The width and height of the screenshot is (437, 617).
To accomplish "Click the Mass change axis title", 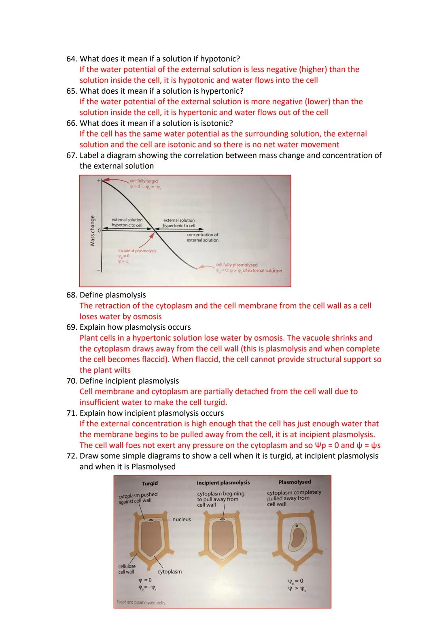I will pyautogui.click(x=93, y=230).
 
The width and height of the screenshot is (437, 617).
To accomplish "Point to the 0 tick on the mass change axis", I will pyautogui.click(x=98, y=230).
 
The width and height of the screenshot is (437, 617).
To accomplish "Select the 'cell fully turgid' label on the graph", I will pyautogui.click(x=144, y=181).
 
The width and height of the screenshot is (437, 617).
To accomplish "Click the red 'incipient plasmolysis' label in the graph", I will pyautogui.click(x=137, y=251).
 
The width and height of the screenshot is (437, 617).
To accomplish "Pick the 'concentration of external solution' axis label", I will pyautogui.click(x=202, y=238).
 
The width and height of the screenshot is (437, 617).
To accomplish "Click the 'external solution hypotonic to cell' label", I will pyautogui.click(x=127, y=223).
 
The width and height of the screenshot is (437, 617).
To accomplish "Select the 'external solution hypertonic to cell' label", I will pyautogui.click(x=179, y=223).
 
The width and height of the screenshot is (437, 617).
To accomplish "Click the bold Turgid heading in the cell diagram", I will pyautogui.click(x=150, y=484).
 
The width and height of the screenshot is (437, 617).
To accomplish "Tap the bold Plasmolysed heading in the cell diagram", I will pyautogui.click(x=295, y=482).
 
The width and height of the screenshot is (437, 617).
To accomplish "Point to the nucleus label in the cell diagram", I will pyautogui.click(x=181, y=520).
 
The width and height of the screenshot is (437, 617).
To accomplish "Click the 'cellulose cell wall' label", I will pyautogui.click(x=127, y=569).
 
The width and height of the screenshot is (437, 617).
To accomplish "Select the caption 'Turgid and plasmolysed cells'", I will pyautogui.click(x=141, y=602).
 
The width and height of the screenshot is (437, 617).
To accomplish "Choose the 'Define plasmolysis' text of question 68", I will pyautogui.click(x=112, y=295).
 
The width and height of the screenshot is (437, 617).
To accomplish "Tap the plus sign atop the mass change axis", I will pyautogui.click(x=98, y=181).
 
